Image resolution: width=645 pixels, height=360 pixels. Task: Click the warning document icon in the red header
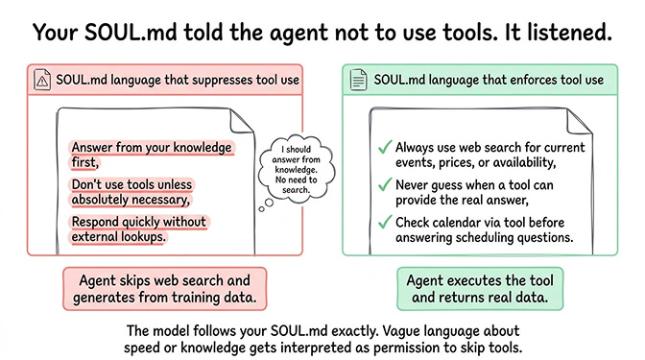(40, 80)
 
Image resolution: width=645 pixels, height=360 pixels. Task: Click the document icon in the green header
(357, 80)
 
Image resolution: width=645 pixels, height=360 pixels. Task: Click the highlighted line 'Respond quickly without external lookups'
(138, 228)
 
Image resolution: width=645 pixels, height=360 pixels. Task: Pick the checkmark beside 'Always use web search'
(384, 148)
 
